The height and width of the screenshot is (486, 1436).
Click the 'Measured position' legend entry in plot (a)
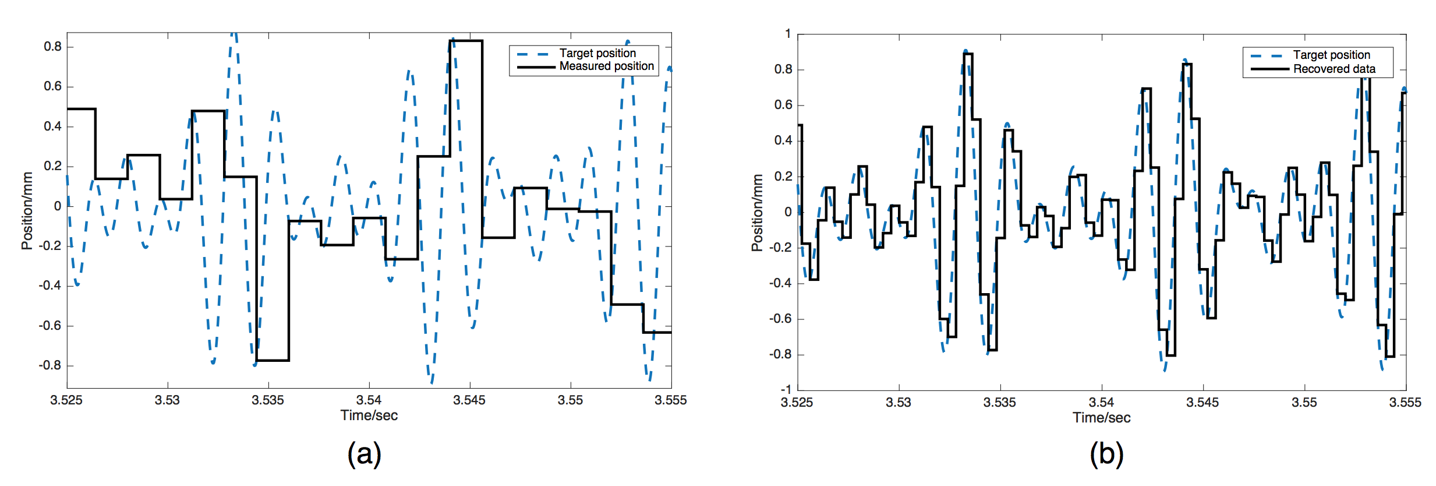(x=606, y=66)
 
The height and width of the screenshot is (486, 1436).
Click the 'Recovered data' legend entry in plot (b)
(x=1334, y=69)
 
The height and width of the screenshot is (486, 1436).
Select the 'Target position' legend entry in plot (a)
(x=597, y=53)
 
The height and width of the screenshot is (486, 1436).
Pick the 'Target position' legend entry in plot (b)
(x=1331, y=55)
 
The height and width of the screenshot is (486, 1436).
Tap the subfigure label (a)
(x=365, y=453)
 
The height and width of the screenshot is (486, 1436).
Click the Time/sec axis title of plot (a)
(x=369, y=415)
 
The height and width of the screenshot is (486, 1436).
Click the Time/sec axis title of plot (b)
(x=1101, y=418)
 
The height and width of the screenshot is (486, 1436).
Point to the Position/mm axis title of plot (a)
(x=27, y=210)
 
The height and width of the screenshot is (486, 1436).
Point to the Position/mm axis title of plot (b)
(x=757, y=213)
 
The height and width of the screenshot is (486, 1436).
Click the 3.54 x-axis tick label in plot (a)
(x=369, y=400)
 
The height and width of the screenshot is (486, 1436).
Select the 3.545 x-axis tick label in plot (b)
(x=1202, y=403)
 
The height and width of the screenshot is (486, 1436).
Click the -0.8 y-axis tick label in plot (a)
(x=50, y=365)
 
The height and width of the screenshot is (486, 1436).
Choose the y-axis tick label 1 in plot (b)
(x=788, y=34)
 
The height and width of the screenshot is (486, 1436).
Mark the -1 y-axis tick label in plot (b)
(x=786, y=389)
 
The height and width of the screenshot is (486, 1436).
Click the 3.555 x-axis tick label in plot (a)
(x=670, y=400)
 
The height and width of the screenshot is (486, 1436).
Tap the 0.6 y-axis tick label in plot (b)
(x=783, y=105)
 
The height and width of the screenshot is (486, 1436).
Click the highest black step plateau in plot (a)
(x=466, y=41)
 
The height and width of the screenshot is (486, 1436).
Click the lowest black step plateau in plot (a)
(x=273, y=360)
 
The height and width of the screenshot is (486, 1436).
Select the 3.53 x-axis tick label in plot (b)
(x=898, y=403)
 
